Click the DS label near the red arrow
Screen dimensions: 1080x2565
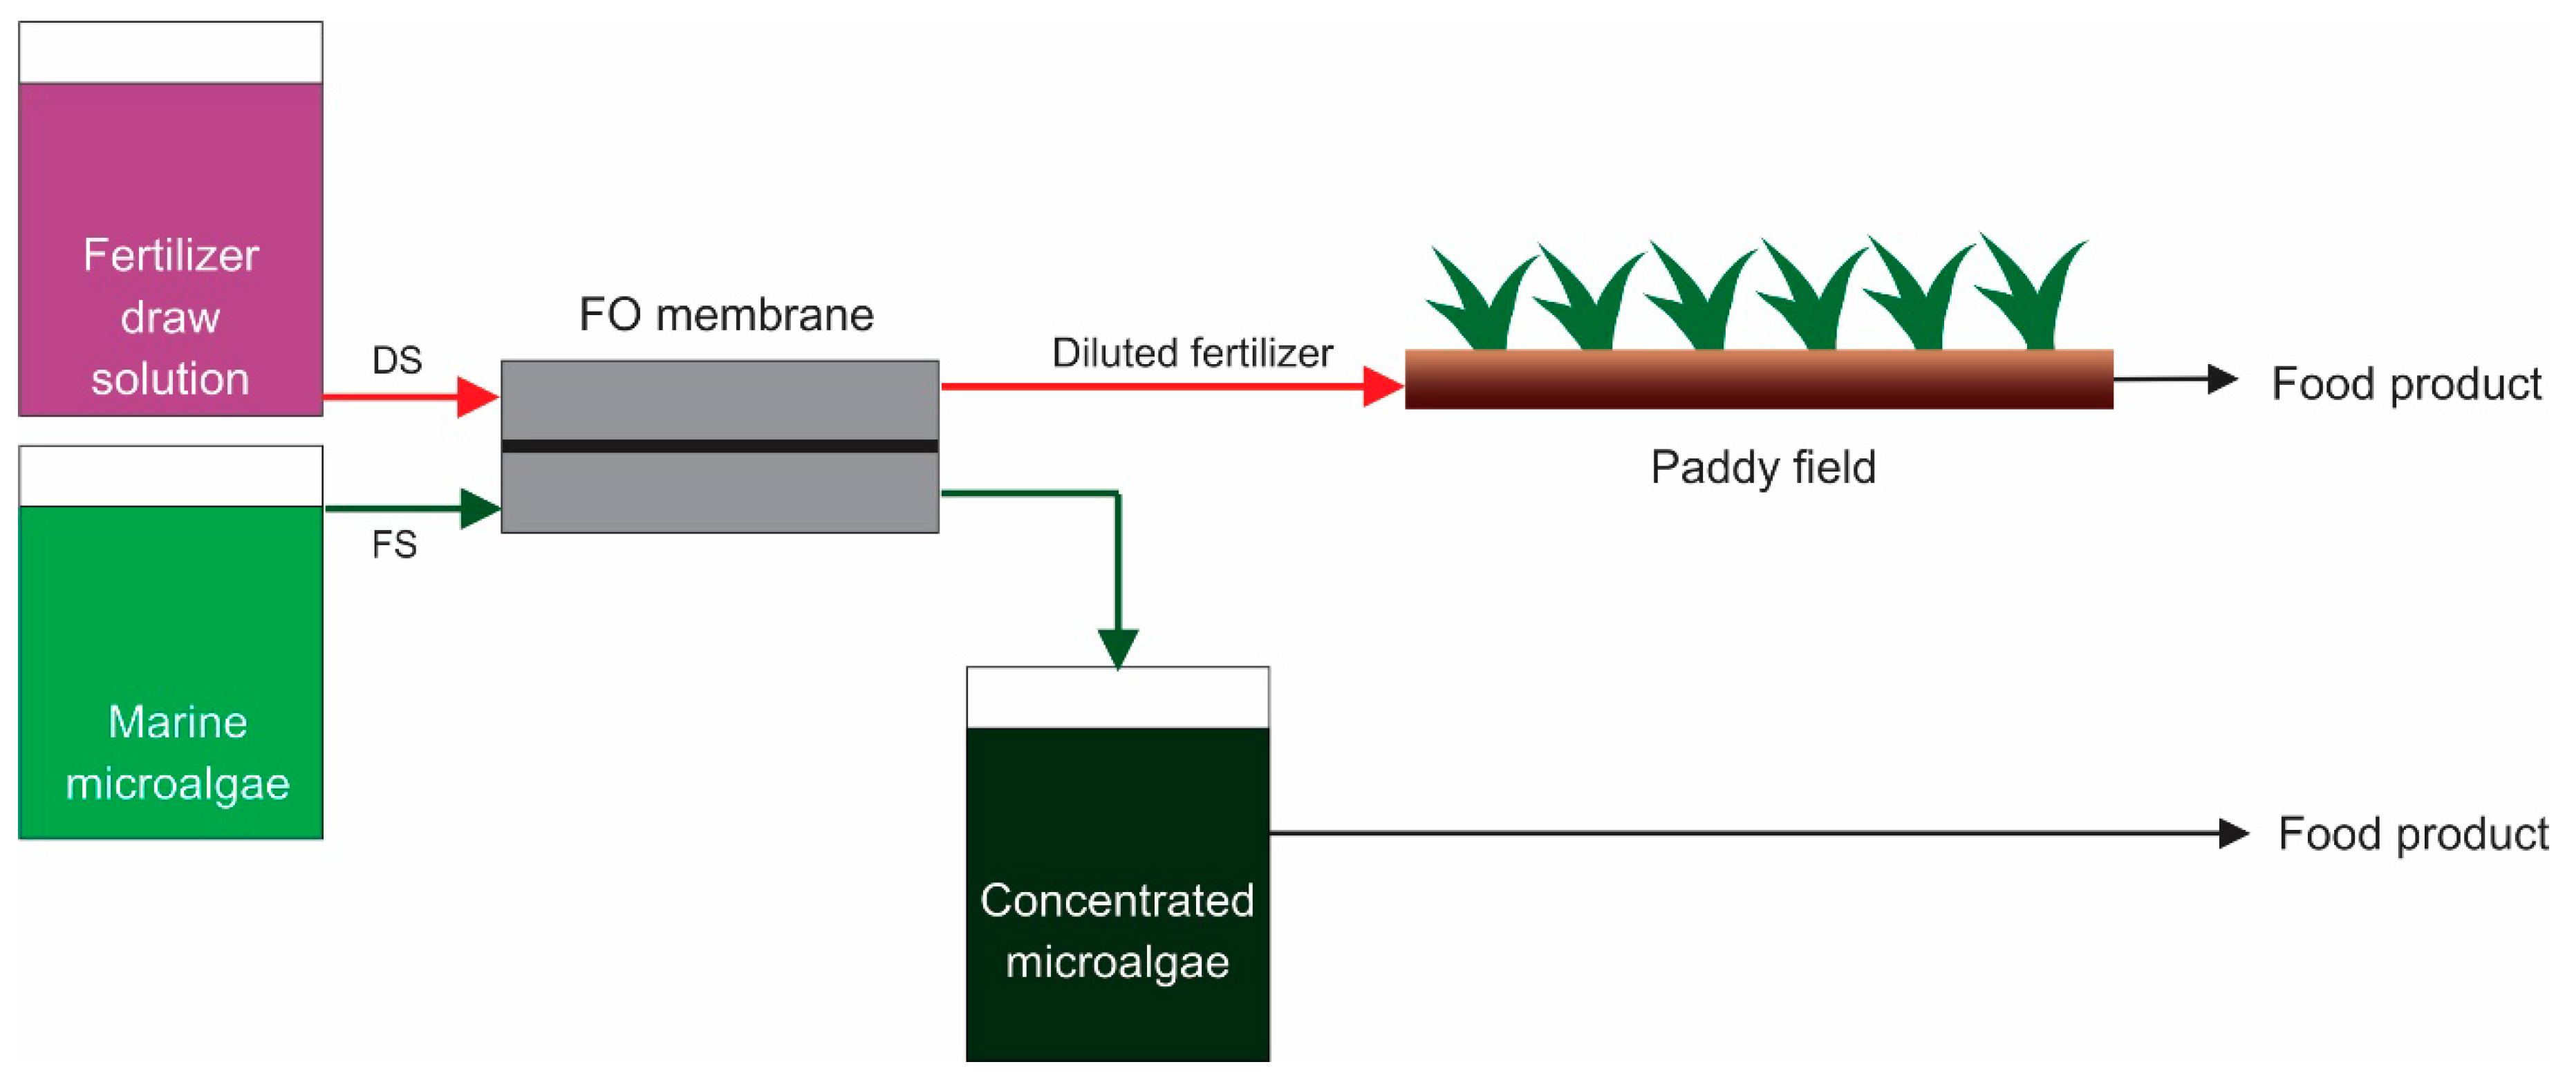point(396,360)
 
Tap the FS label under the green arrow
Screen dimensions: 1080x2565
point(394,545)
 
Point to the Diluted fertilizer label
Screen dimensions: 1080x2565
point(1192,353)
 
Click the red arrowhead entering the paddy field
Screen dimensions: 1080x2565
point(1382,386)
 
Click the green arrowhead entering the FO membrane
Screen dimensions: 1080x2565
point(480,509)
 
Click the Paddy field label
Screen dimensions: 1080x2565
point(1762,468)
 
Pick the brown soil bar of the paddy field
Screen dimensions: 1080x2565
point(1758,379)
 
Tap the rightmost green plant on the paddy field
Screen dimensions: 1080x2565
point(2031,294)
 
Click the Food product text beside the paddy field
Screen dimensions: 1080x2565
point(2406,384)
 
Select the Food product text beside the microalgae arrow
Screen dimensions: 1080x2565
point(2412,834)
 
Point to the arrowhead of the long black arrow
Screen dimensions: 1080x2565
point(2232,833)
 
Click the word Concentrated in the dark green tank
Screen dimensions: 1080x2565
point(1116,901)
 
